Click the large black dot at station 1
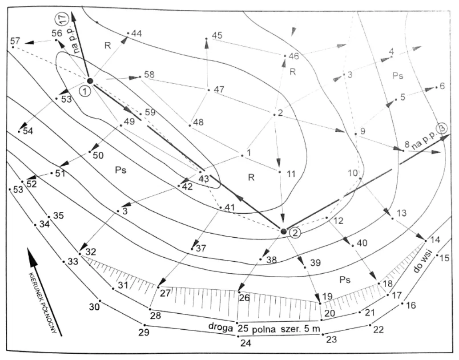90,81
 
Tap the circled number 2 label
295,233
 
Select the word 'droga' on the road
220,327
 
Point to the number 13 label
401,213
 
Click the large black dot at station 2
283,231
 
